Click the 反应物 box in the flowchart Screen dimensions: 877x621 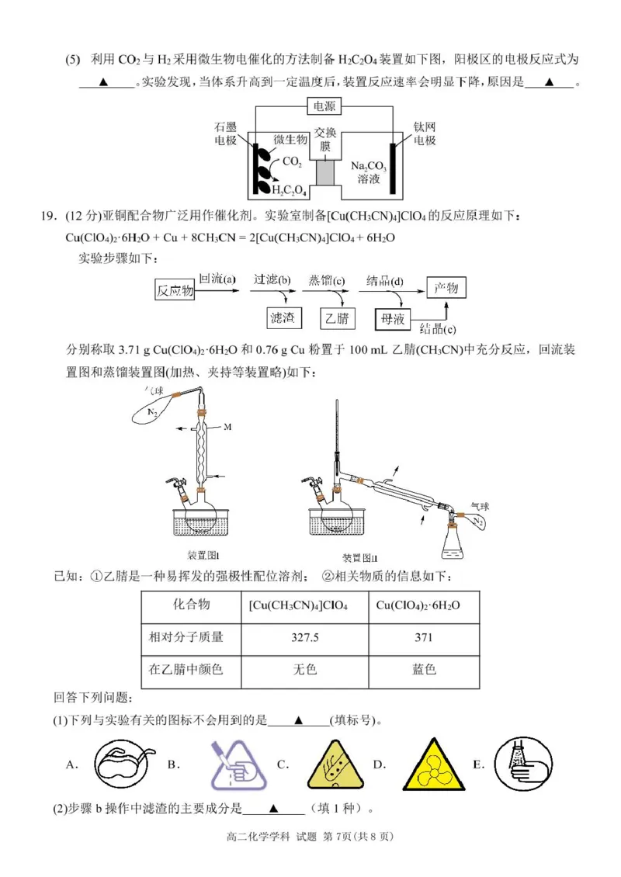click(x=174, y=291)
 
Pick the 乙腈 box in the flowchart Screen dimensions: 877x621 click(x=338, y=317)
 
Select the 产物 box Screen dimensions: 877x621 click(x=446, y=289)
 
